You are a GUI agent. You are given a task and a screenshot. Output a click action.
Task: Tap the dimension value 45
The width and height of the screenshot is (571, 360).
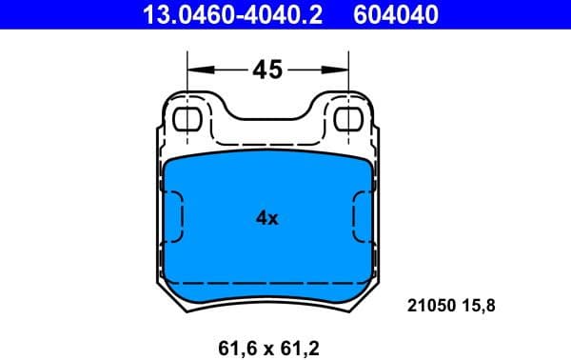pyautogui.click(x=266, y=70)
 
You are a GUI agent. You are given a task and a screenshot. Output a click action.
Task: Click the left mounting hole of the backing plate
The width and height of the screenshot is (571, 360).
pyautogui.click(x=189, y=119)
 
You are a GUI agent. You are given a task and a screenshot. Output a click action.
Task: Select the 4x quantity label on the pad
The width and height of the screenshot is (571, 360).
pyautogui.click(x=266, y=218)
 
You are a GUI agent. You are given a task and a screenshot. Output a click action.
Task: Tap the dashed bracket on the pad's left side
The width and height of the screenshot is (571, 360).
pyautogui.click(x=177, y=218)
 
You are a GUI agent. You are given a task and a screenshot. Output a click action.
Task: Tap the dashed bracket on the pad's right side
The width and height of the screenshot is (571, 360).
pyautogui.click(x=358, y=218)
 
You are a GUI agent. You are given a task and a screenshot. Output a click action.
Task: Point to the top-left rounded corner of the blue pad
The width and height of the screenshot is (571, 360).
pyautogui.click(x=169, y=164)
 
